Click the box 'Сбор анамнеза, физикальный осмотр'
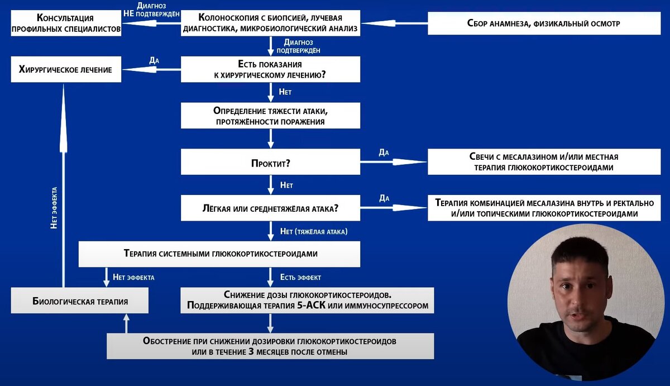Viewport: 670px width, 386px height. click(x=543, y=23)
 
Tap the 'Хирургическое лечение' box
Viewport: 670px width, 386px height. click(x=65, y=70)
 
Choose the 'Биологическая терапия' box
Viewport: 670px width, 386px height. click(x=80, y=301)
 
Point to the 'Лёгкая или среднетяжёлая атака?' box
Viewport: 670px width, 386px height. click(x=270, y=208)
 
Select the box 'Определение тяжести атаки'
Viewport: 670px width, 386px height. click(x=270, y=116)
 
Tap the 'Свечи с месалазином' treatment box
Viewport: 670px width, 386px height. click(x=543, y=162)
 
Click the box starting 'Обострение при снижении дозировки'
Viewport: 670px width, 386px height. click(x=270, y=346)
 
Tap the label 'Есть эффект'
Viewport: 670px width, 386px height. click(x=300, y=277)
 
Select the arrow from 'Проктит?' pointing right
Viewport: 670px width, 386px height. click(x=393, y=162)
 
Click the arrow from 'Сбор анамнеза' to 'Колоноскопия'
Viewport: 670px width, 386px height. click(x=393, y=23)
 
